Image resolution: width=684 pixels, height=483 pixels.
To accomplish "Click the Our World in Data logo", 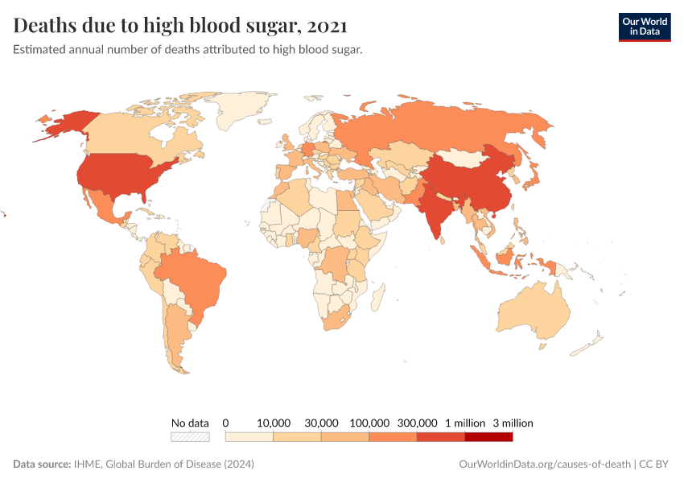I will (644, 27).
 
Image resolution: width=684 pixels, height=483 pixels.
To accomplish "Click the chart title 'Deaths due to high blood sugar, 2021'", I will (180, 26).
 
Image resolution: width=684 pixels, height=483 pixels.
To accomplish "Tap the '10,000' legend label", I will (274, 423).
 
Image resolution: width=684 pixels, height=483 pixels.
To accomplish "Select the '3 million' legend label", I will (513, 423).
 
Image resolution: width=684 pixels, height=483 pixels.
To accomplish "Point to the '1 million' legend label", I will (465, 423).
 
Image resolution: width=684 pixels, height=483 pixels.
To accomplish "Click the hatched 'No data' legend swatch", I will (190, 437).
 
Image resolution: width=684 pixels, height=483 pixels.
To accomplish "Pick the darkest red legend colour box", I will (488, 437).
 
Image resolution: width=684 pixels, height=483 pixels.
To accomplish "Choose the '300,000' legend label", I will (417, 423).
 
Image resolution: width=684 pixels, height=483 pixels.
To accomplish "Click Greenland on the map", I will (241, 113).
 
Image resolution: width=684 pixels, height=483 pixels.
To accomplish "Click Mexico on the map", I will (105, 205).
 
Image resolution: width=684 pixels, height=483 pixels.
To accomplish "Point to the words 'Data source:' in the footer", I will (42, 464).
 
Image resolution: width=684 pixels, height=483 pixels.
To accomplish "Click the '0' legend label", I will (226, 423).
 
